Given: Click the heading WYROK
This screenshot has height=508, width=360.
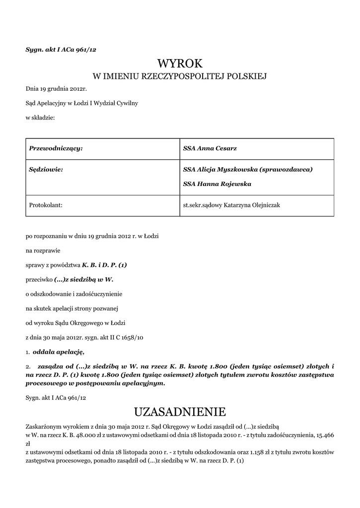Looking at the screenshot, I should tap(180, 63).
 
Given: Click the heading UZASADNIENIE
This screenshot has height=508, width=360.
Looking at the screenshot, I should tap(180, 412).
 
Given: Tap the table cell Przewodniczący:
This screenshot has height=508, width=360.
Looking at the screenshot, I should tap(56, 148).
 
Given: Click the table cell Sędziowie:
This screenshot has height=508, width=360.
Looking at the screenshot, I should tap(46, 170).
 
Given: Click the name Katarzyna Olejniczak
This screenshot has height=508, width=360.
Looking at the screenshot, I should tap(252, 204).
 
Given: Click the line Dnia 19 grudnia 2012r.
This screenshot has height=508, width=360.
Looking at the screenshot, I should tap(56, 89).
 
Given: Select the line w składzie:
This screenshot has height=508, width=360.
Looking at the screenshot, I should tap(40, 118).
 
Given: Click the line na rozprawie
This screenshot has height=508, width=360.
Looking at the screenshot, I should tap(43, 251).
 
